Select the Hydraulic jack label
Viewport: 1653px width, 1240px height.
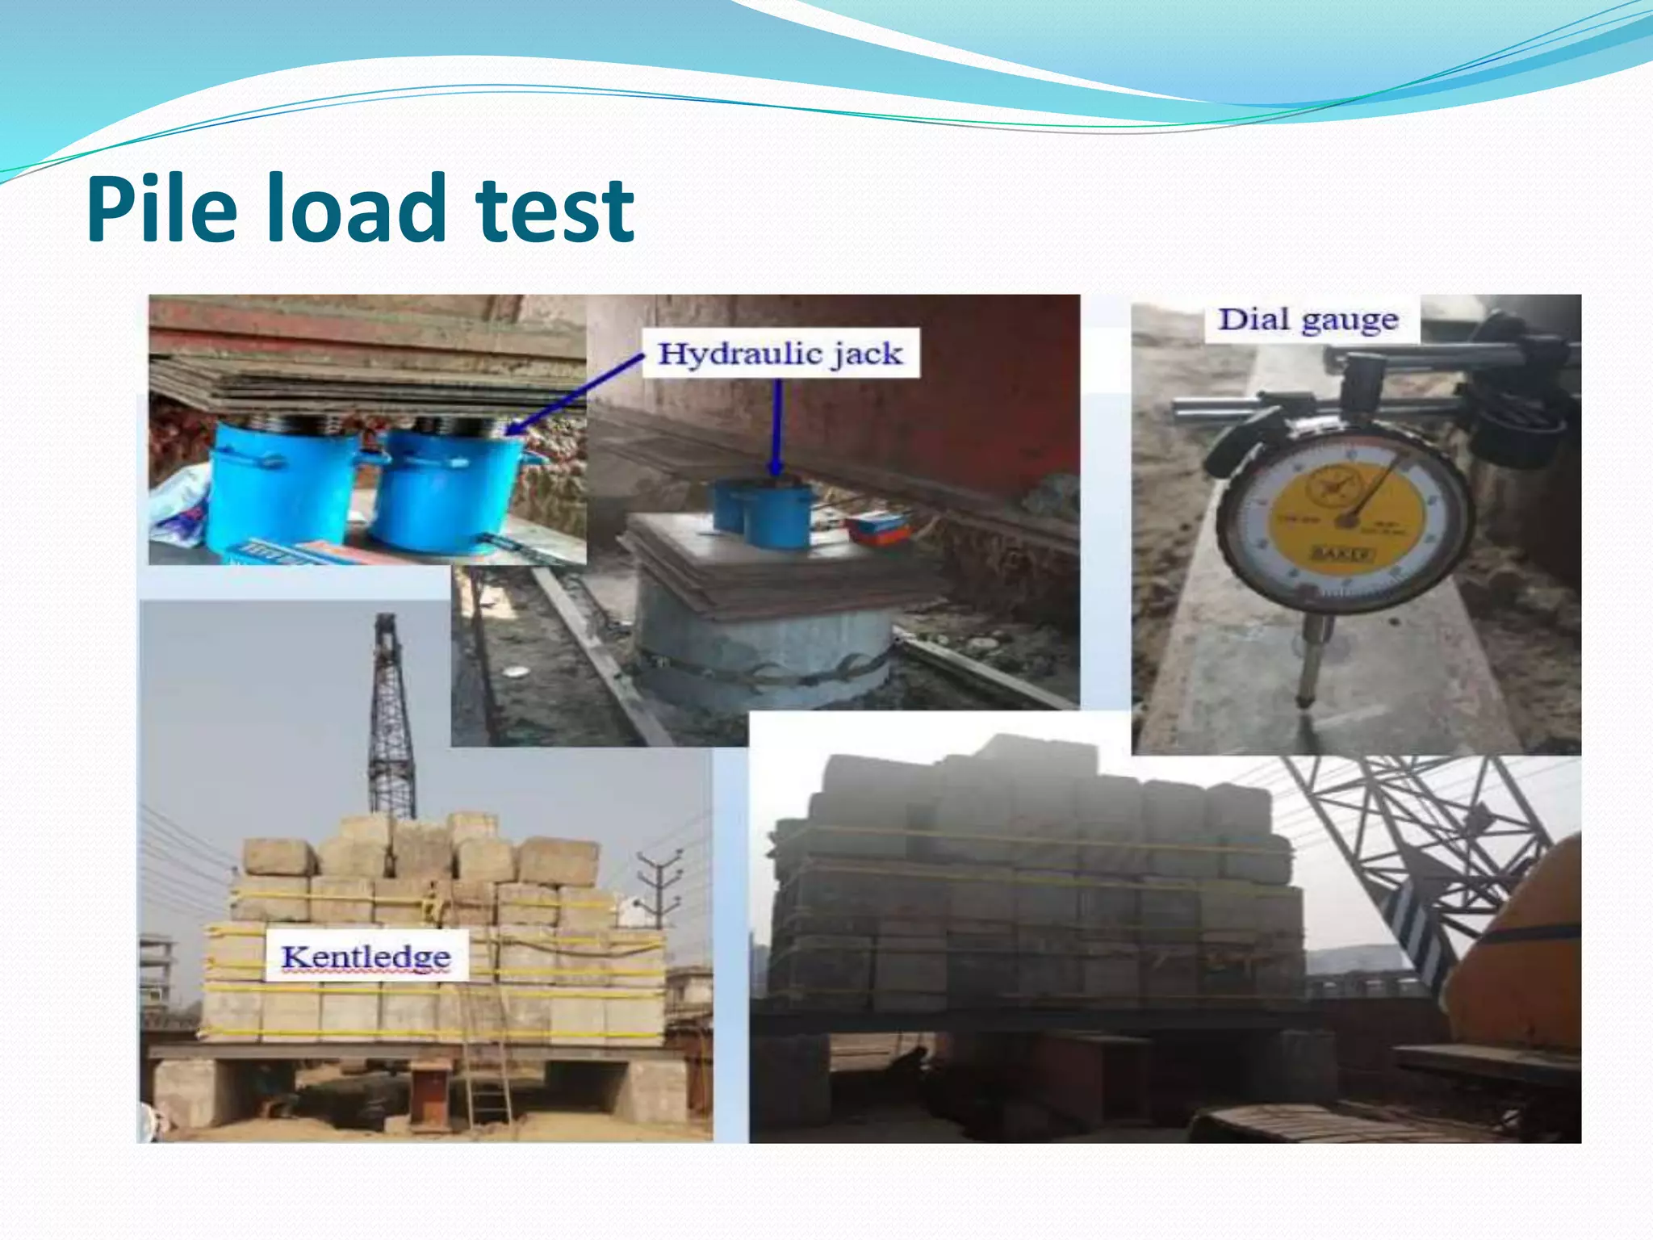[780, 354]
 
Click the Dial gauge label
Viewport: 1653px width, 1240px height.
[1308, 320]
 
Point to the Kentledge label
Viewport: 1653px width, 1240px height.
[366, 957]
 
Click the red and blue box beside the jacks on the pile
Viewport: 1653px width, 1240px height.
[878, 529]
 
